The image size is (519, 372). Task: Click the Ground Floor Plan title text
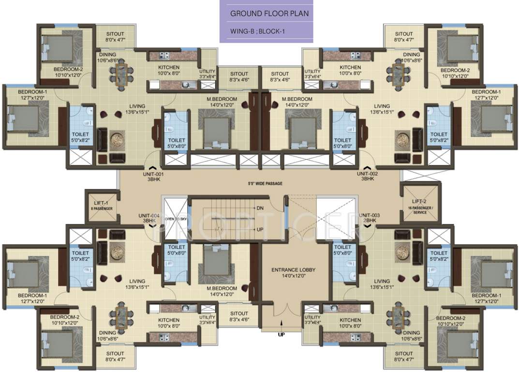coord(269,14)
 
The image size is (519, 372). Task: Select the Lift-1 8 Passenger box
coord(101,206)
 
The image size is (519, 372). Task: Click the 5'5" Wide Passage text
coord(263,184)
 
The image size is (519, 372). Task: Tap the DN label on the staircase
coord(260,208)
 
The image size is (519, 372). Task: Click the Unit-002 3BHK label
coord(367,176)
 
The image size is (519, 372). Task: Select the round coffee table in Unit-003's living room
coord(402,252)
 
